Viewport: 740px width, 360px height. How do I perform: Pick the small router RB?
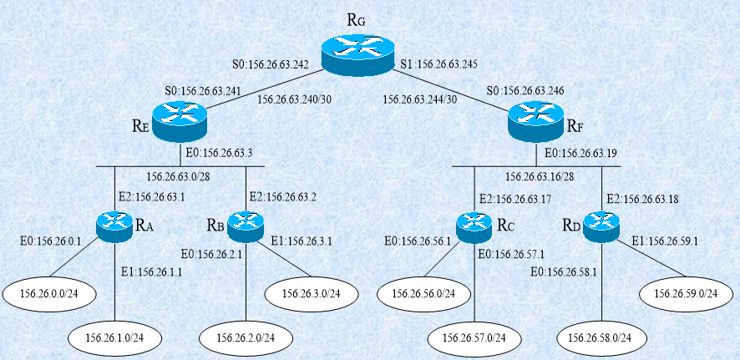point(245,224)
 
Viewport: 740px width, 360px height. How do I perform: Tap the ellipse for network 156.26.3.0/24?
point(309,293)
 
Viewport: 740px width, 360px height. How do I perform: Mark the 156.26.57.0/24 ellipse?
point(474,337)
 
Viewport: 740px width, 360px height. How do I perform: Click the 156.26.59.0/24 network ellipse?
point(685,293)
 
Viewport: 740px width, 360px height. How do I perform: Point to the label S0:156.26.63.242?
point(271,63)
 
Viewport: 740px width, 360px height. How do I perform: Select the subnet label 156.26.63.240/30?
point(293,99)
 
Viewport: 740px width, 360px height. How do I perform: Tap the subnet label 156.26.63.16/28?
point(539,176)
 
